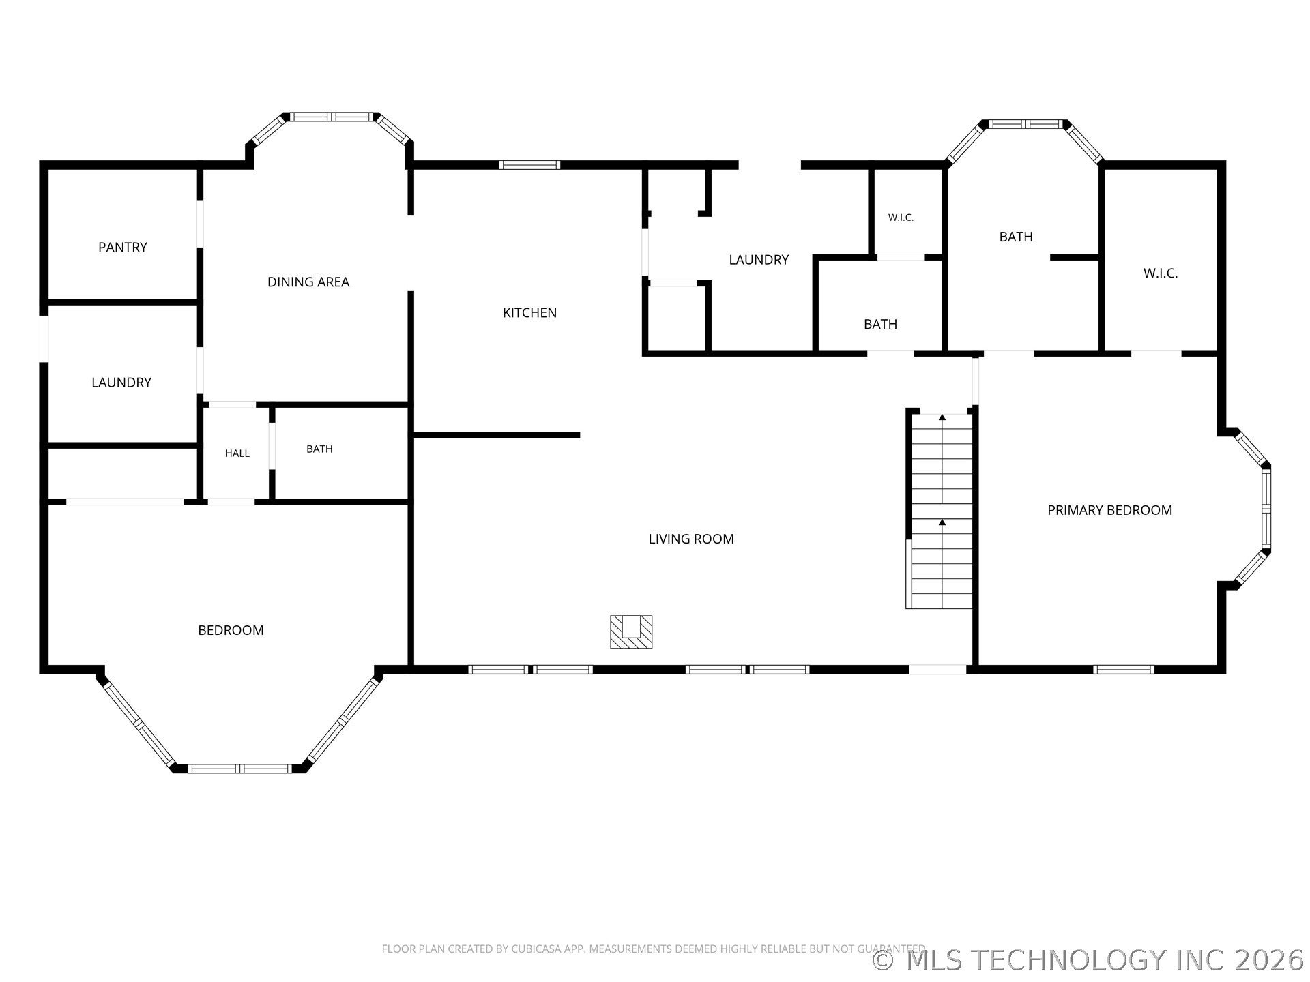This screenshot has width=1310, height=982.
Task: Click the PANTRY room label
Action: tap(123, 247)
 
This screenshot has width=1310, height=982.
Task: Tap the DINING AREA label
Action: tap(308, 282)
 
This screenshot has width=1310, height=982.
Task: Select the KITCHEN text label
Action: tap(529, 312)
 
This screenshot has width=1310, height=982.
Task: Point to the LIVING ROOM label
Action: tap(691, 539)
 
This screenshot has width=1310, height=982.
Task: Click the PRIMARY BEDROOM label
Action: tap(1110, 510)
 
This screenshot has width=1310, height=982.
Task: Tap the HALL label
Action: tap(237, 453)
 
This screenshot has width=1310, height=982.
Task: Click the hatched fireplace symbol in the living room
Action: tap(631, 631)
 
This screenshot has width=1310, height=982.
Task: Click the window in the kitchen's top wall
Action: tap(529, 164)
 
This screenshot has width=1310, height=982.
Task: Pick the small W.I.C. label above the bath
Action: tap(901, 218)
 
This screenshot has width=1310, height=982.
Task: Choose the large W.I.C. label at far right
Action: tap(1161, 273)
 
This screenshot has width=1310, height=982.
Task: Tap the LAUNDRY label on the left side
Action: tap(121, 383)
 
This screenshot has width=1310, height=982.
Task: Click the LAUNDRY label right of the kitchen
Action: tap(759, 259)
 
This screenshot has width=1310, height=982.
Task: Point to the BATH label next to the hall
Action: tap(319, 449)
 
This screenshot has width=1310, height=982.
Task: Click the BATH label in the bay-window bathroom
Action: tap(1016, 237)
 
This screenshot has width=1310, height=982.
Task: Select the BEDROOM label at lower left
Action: tap(231, 630)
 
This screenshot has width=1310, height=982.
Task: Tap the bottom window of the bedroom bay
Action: tap(240, 769)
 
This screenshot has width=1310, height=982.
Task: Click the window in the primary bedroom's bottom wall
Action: tap(1124, 670)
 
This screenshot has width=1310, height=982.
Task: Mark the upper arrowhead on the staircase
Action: tap(942, 417)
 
